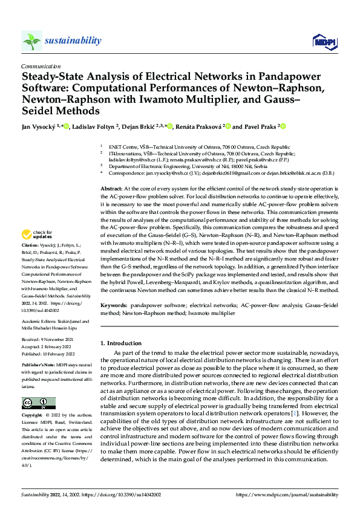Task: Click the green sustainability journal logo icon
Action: click(31, 41)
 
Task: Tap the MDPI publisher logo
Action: click(322, 41)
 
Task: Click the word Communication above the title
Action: click(41, 66)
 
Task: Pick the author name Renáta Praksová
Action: click(197, 127)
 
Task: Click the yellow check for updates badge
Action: click(37, 235)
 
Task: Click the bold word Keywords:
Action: click(113, 307)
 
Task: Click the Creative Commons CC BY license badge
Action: click(38, 403)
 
